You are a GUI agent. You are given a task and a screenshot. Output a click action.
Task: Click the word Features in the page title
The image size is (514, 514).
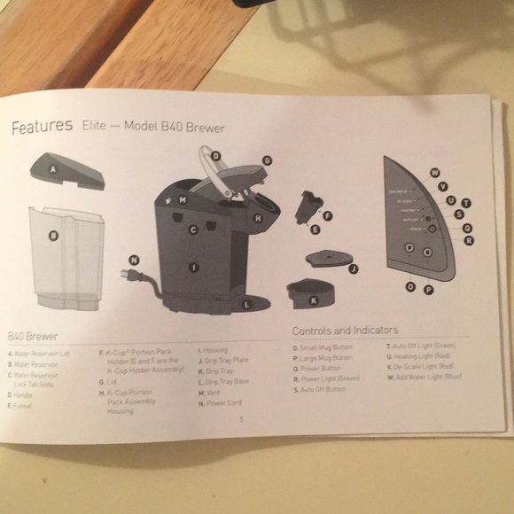coord(42,126)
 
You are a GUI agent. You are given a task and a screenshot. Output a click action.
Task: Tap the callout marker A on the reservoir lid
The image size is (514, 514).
coord(53,167)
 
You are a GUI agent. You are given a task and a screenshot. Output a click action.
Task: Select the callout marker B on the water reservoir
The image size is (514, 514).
coord(54,236)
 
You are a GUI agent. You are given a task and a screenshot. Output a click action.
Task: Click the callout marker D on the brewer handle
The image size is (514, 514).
coord(215,156)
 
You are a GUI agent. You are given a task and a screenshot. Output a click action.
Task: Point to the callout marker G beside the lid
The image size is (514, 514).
coord(266,161)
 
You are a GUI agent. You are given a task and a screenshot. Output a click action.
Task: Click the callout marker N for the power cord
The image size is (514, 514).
coord(134,260)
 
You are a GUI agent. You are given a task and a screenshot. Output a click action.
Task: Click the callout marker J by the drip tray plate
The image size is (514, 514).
coord(352,268)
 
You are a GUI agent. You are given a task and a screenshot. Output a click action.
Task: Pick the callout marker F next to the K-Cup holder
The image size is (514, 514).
coord(328,215)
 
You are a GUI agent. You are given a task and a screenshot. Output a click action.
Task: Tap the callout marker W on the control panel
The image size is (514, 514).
coord(434,171)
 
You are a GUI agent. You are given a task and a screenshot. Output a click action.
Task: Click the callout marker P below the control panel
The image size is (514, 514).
coord(428,289)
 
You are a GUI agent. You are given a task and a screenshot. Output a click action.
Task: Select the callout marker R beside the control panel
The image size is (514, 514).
coord(468,239)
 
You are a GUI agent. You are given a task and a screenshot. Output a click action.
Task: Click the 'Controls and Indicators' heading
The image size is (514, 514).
coord(345,330)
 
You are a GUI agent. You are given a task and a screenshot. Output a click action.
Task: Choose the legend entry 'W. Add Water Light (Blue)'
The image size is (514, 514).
coord(424,378)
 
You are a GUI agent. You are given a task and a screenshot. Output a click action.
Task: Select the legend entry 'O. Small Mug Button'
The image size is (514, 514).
coord(323,347)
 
